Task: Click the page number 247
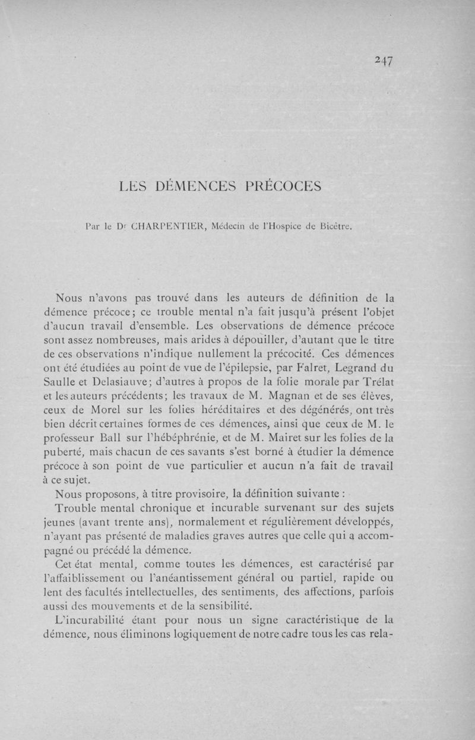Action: pyautogui.click(x=385, y=61)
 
